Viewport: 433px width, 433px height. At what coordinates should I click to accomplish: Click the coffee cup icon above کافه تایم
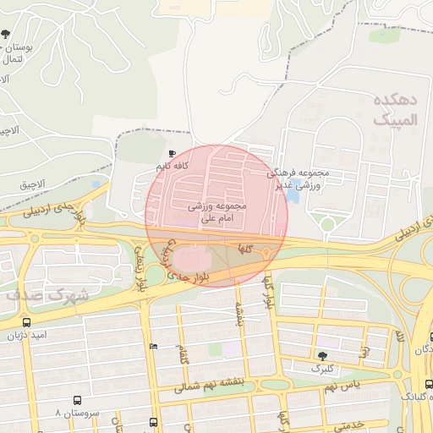click(x=173, y=153)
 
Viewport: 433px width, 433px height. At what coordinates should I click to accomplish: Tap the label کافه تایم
click(x=170, y=166)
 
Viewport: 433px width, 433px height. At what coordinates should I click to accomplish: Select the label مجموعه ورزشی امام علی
click(x=216, y=211)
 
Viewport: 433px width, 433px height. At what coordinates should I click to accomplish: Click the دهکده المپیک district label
click(x=396, y=111)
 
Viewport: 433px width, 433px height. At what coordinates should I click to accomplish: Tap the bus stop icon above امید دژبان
click(x=28, y=322)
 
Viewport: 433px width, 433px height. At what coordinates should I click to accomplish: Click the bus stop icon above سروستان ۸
click(x=77, y=400)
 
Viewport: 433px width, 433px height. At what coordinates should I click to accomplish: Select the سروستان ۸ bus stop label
click(x=77, y=414)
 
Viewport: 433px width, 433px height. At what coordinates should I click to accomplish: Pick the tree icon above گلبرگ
click(x=321, y=356)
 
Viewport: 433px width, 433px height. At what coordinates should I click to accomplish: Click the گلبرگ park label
click(x=321, y=369)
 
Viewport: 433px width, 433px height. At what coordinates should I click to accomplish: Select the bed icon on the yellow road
click(x=152, y=346)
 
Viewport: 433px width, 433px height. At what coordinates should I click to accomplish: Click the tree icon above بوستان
click(x=6, y=35)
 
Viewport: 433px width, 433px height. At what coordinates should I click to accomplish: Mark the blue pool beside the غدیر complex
click(x=293, y=195)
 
